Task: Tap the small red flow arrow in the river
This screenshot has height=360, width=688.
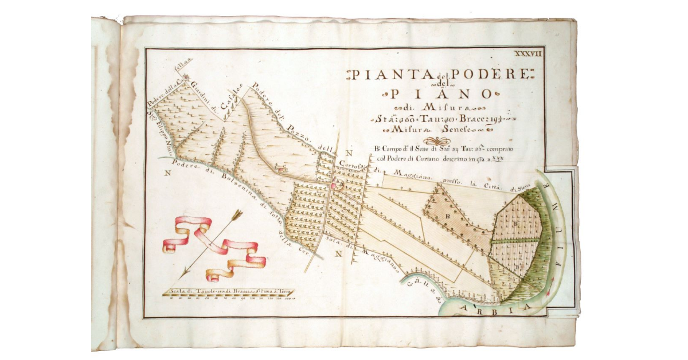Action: (550, 285)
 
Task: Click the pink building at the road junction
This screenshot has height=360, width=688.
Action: (334, 185)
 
